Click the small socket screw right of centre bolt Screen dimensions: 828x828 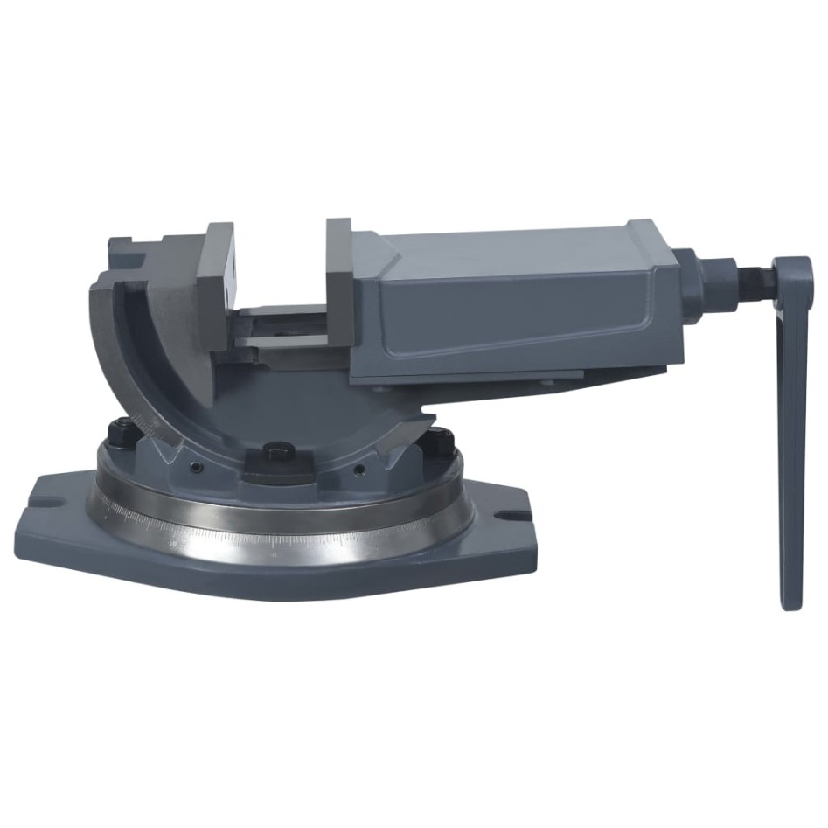pyautogui.click(x=358, y=470)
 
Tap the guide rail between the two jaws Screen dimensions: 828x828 pyautogui.click(x=280, y=337)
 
